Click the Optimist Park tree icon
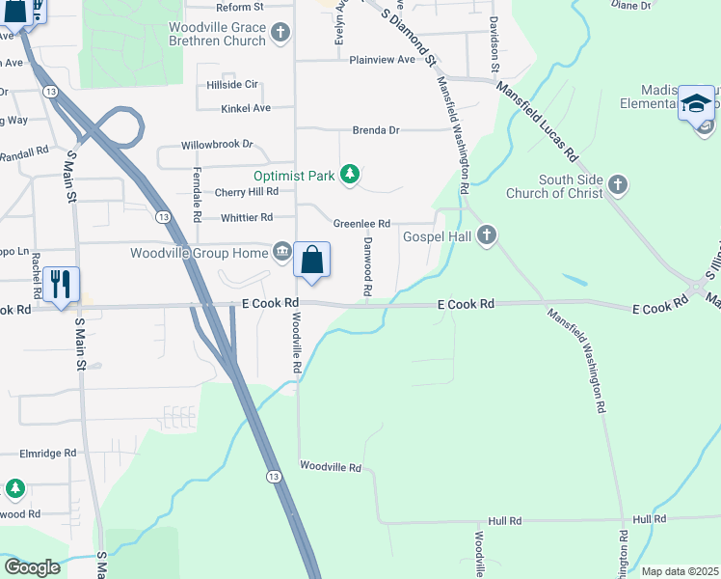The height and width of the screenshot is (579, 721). coord(352,175)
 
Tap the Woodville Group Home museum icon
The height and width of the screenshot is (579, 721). coord(281,253)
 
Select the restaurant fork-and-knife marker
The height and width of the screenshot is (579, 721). coord(61,284)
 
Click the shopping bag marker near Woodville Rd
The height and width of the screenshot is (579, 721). coord(311,260)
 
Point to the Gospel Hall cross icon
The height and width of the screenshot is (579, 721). coord(487,235)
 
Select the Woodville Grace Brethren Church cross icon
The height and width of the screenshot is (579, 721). coord(280,34)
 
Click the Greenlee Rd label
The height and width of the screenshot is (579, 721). coord(361,224)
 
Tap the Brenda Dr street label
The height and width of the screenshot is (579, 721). coord(375,130)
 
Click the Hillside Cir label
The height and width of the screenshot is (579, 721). coord(232,85)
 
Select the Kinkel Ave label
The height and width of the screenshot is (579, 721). coord(246,108)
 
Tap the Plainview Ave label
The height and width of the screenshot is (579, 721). coord(382,60)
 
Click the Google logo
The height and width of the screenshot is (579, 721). coord(33,567)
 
